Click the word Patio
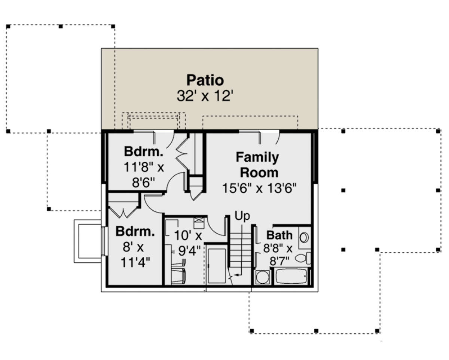point(205,80)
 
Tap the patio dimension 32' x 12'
point(205,96)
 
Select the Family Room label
point(258,165)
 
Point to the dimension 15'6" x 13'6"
point(259,188)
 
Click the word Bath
point(280,235)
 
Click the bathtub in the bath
point(291,277)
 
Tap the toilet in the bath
point(303,258)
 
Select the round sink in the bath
point(304,238)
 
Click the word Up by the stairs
point(242,216)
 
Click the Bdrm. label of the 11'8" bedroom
point(144,151)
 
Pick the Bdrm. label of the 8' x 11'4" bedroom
point(135,231)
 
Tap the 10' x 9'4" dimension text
point(188,243)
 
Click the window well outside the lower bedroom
point(88,241)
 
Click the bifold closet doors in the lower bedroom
point(123,213)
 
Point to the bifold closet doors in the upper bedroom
point(182,154)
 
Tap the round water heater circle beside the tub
point(262,277)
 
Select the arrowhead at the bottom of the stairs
point(236,275)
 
